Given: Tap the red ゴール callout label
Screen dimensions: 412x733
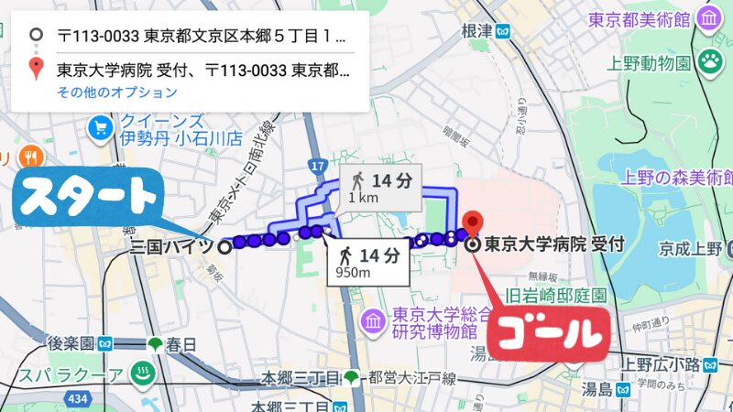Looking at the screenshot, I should click(548, 334).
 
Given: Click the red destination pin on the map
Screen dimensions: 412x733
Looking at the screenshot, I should click(473, 223).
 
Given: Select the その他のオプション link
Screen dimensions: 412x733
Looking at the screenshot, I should click(116, 92).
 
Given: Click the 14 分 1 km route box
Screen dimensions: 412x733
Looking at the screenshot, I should click(379, 187).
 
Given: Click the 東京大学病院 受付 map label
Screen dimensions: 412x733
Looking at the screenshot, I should click(553, 244).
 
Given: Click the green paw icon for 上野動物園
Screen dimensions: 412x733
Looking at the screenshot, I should click(708, 62).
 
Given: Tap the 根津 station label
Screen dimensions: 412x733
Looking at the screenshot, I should click(477, 30).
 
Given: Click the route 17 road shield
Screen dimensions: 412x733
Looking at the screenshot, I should click(318, 167).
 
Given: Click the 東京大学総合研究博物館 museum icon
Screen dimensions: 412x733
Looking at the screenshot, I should click(372, 320).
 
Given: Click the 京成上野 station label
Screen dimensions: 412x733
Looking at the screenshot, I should click(690, 248).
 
